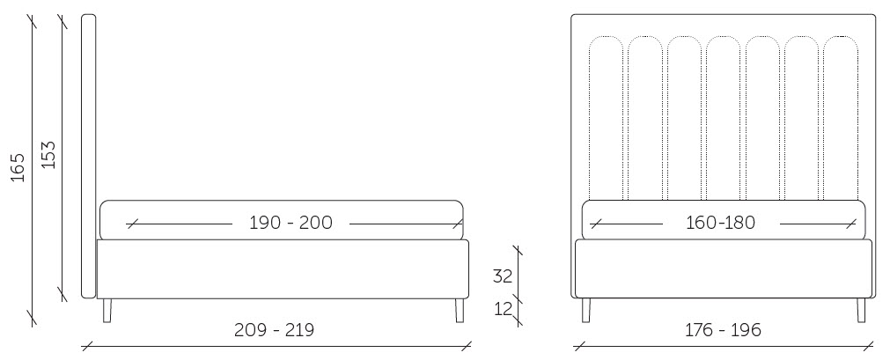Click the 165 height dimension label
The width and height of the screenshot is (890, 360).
[18, 167]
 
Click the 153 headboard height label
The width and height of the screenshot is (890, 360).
[48, 154]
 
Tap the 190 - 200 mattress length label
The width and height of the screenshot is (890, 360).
[291, 223]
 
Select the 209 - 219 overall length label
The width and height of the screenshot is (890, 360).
[274, 329]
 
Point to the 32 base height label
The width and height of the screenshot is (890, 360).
[503, 276]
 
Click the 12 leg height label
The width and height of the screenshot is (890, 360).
[503, 310]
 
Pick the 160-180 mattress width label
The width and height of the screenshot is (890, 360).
[721, 223]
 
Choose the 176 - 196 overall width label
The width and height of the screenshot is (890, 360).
[722, 329]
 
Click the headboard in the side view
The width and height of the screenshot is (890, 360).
[89, 156]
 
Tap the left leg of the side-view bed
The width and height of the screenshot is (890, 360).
[107, 311]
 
